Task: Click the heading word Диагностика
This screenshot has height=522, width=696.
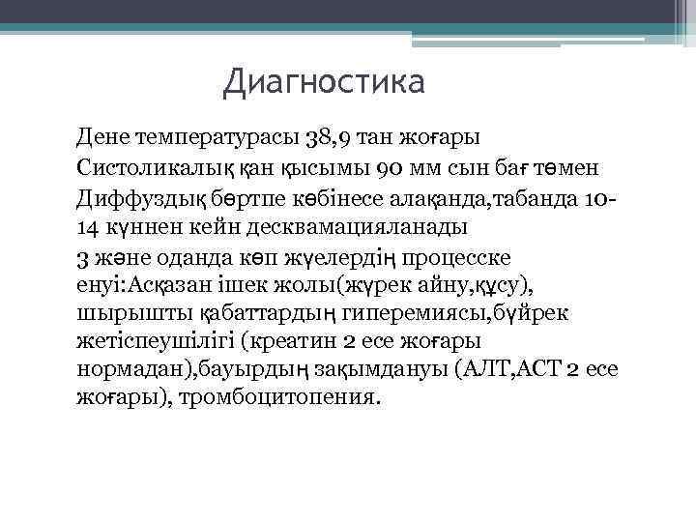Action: coord(323,81)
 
